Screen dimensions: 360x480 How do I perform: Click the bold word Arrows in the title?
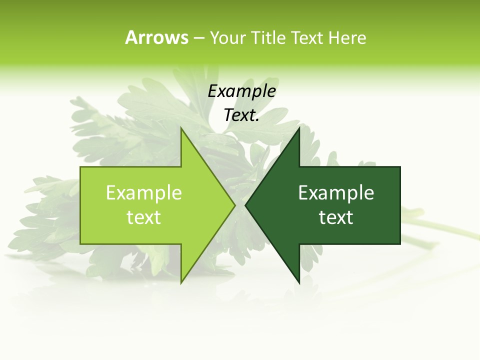tap(156, 37)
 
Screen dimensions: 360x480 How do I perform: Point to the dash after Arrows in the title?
tap(199, 38)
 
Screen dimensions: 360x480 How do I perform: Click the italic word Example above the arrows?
tap(242, 91)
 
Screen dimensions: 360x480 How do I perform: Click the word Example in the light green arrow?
tap(144, 192)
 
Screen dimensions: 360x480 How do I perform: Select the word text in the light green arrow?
tap(144, 217)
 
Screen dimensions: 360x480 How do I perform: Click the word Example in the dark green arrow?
tap(336, 192)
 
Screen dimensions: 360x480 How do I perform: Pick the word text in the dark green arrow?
tap(336, 217)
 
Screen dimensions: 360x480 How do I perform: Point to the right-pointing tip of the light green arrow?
tap(234, 205)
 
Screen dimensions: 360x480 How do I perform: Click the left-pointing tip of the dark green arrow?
tap(246, 205)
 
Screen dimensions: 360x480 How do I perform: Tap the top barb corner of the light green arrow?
tap(181, 129)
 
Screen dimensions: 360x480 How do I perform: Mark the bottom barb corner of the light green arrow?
tap(181, 283)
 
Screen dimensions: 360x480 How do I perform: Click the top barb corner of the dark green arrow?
tap(299, 129)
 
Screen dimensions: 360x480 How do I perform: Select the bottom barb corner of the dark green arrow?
tap(299, 283)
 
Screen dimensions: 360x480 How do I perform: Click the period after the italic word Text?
tap(257, 120)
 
